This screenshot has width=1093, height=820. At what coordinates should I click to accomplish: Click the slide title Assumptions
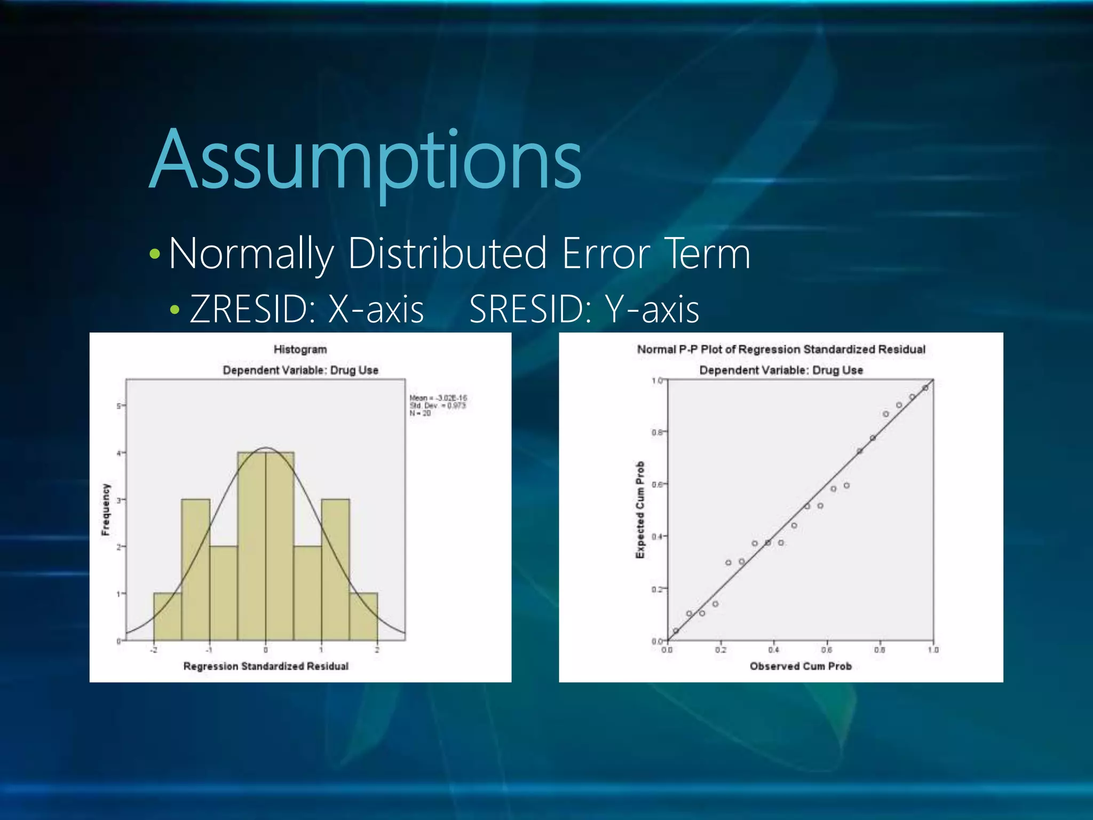click(x=366, y=160)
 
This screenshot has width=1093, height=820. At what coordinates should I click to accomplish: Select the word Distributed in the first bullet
click(x=447, y=253)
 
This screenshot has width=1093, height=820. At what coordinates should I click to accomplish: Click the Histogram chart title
click(x=300, y=349)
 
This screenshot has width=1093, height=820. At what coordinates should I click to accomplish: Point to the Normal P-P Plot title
click(x=781, y=349)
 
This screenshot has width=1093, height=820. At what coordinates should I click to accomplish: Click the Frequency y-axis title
click(x=106, y=509)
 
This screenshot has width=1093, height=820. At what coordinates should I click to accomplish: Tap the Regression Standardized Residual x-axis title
click(x=266, y=666)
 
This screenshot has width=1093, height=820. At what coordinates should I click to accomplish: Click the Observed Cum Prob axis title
click(x=801, y=666)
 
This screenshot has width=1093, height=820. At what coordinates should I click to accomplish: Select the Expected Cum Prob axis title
click(x=640, y=510)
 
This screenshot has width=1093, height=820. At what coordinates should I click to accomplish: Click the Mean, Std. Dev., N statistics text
click(x=438, y=405)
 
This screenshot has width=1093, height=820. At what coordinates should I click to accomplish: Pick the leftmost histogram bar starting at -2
click(x=168, y=617)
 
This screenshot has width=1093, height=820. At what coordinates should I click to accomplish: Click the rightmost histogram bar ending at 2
click(x=363, y=617)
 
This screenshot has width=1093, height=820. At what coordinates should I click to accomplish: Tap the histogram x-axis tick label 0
click(x=266, y=650)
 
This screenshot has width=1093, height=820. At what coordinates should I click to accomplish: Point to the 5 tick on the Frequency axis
click(x=118, y=406)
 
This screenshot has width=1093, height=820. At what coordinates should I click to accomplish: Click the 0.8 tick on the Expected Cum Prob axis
click(x=656, y=432)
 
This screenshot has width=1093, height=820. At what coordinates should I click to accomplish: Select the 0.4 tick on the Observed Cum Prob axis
click(x=773, y=650)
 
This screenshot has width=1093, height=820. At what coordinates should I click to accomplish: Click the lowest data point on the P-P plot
click(x=676, y=631)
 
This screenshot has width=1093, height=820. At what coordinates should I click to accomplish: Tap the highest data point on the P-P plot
click(x=925, y=388)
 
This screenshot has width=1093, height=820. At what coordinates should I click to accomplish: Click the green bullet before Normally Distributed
click(x=155, y=254)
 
